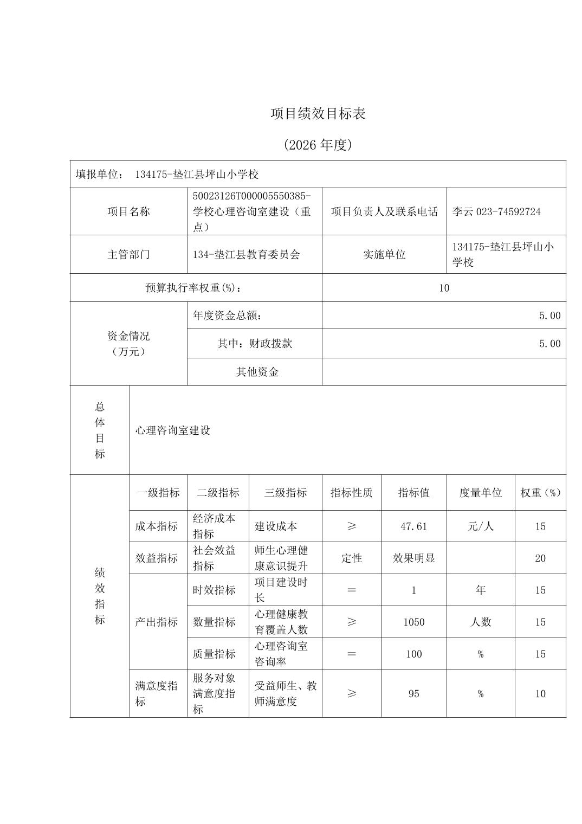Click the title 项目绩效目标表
(318, 113)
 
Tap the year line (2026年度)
(318, 145)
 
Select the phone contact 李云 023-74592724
(496, 211)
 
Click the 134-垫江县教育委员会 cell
(246, 254)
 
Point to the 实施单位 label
(384, 254)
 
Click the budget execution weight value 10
(444, 288)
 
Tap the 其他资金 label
(257, 372)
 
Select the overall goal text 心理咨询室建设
(173, 430)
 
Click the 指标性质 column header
(352, 493)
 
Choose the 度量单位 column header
(481, 493)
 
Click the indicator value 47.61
(414, 526)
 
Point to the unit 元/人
(481, 526)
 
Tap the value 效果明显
(414, 558)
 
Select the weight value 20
(540, 558)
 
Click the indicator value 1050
(414, 622)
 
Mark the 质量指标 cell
(214, 654)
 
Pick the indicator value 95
(414, 694)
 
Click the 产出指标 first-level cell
(157, 622)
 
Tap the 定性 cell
(352, 558)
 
